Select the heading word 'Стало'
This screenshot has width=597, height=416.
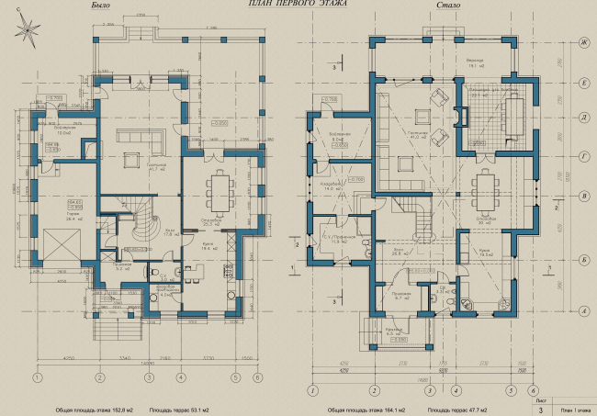coord(449,6)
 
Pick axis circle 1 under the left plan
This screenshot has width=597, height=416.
coord(37,377)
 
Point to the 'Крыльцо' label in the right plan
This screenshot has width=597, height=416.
coord(398,330)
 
